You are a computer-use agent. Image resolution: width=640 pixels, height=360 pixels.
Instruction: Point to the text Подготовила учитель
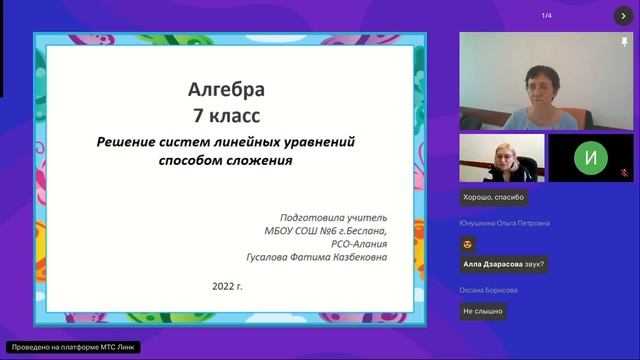click(332, 216)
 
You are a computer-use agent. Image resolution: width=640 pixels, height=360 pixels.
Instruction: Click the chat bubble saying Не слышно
click(483, 311)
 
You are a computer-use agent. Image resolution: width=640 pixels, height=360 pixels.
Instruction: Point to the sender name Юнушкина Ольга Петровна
click(505, 223)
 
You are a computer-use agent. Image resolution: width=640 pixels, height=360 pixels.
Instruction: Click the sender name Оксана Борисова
click(489, 290)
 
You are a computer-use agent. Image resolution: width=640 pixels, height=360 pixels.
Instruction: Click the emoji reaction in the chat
click(467, 243)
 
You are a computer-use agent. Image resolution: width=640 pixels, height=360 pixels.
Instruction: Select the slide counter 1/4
click(546, 15)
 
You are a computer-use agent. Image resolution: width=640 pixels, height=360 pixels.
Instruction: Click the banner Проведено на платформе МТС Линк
click(72, 347)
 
